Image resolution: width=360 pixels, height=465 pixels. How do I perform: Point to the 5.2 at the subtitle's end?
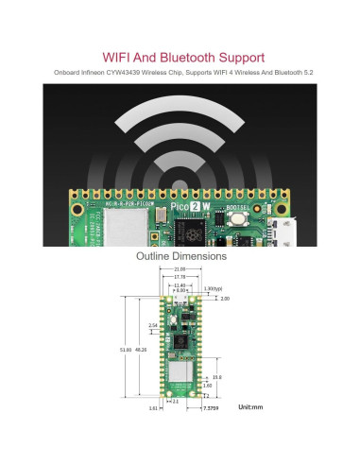(x=287, y=72)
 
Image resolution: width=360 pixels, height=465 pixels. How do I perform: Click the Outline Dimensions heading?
(x=180, y=256)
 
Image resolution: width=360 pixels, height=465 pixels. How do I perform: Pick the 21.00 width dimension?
(x=180, y=269)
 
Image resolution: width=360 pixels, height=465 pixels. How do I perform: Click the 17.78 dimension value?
(x=180, y=277)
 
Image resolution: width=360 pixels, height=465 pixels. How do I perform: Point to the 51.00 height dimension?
(x=125, y=349)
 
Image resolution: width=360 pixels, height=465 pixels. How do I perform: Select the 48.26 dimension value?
(x=142, y=349)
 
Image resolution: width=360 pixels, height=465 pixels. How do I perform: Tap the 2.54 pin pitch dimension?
(x=152, y=324)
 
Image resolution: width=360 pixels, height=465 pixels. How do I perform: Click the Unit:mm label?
(x=251, y=406)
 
